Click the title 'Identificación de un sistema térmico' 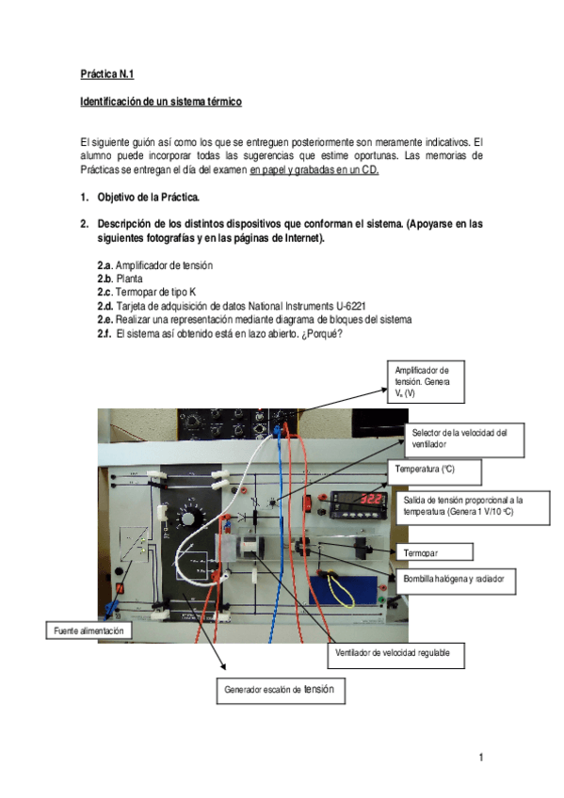pyautogui.click(x=161, y=100)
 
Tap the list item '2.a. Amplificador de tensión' pyautogui.click(x=154, y=266)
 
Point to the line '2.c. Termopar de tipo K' pyautogui.click(x=147, y=293)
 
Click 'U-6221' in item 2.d pyautogui.click(x=346, y=306)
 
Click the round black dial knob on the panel pyautogui.click(x=187, y=520)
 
